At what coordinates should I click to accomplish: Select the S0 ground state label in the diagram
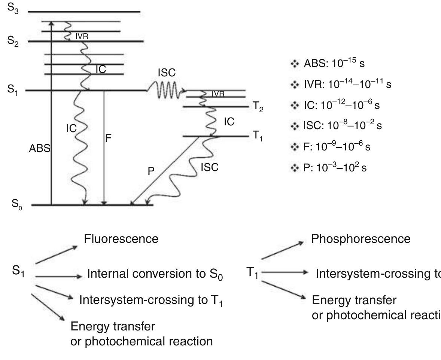pyautogui.click(x=14, y=206)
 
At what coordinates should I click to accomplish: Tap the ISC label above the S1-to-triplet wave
pyautogui.click(x=166, y=73)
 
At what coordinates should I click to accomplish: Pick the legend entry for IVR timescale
pyautogui.click(x=340, y=85)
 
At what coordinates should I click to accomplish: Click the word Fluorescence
pyautogui.click(x=121, y=239)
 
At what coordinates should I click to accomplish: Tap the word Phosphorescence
pyautogui.click(x=361, y=239)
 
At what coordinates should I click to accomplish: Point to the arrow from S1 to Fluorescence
pyautogui.click(x=56, y=255)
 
